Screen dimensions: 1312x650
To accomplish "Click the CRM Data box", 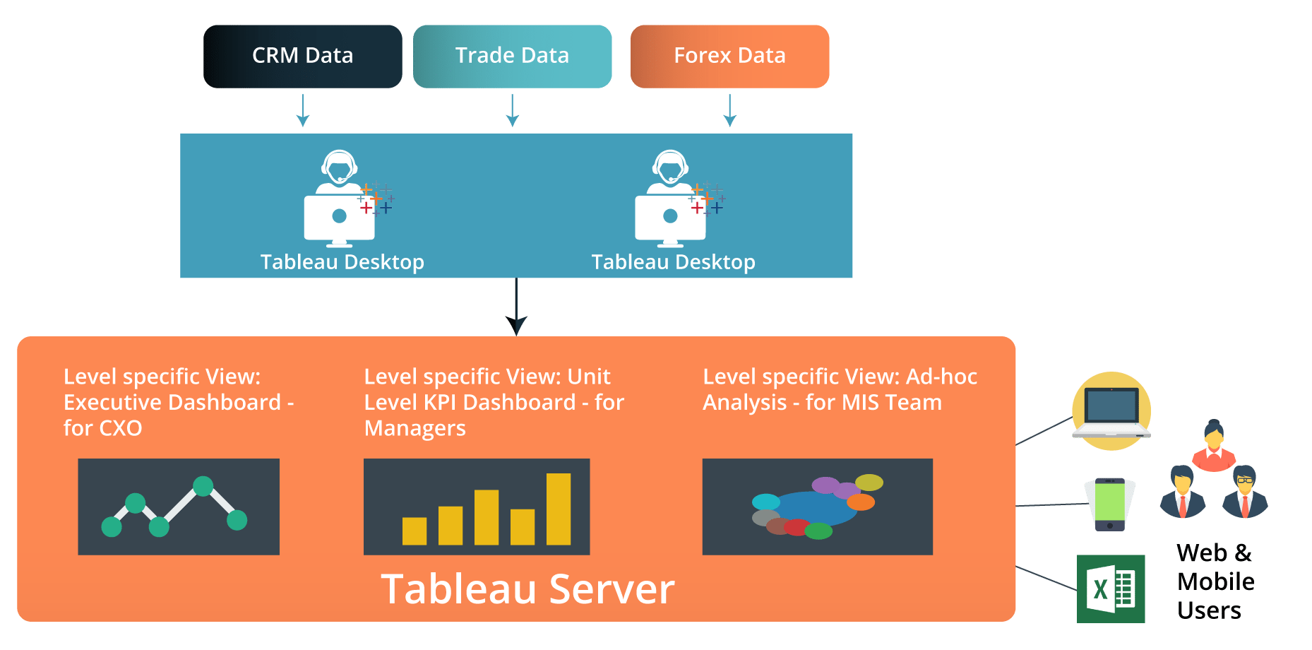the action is click(x=303, y=57).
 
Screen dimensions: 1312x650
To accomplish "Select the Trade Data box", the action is click(x=513, y=57).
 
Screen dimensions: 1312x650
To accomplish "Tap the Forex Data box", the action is click(x=730, y=57).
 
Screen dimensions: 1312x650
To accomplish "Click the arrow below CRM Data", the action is click(x=303, y=111).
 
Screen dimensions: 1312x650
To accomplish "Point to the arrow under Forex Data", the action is click(x=730, y=111).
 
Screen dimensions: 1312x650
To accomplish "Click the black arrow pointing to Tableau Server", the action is click(x=516, y=307).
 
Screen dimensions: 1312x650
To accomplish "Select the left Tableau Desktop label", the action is click(x=342, y=262).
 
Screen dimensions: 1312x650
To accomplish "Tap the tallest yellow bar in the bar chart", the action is click(x=559, y=509).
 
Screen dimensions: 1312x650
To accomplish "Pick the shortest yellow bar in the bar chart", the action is click(x=415, y=531).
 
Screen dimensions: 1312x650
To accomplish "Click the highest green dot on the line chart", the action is click(x=203, y=486).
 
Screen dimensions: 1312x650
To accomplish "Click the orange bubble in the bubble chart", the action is click(x=861, y=502).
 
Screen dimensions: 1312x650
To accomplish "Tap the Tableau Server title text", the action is click(x=527, y=589).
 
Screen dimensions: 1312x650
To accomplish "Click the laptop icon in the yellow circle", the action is click(x=1111, y=412).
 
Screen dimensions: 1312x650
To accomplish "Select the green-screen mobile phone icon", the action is click(x=1110, y=504).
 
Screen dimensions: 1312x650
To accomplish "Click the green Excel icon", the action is click(x=1111, y=589).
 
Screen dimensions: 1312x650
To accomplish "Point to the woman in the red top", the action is click(x=1214, y=445).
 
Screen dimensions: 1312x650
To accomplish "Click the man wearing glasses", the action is click(x=1245, y=492).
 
